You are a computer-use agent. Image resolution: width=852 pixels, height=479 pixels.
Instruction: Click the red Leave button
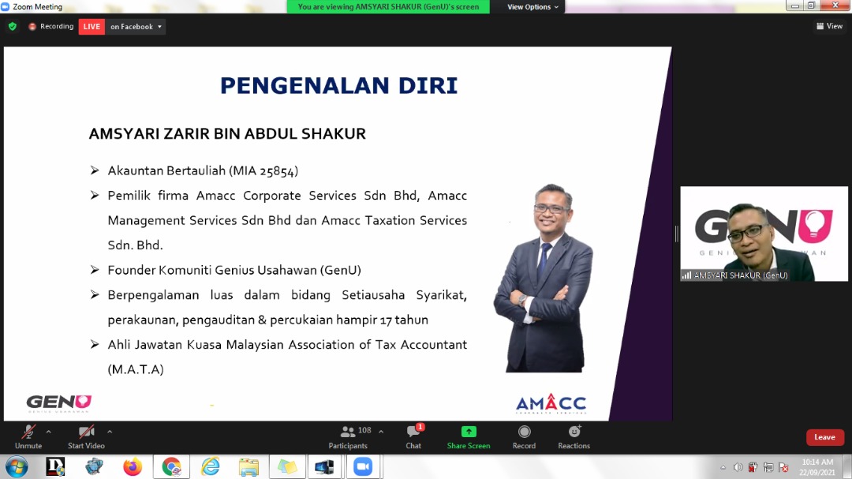(x=824, y=437)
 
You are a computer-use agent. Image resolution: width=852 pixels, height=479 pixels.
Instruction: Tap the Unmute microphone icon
(x=28, y=432)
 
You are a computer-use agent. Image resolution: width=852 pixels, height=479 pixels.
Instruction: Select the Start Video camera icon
(x=87, y=432)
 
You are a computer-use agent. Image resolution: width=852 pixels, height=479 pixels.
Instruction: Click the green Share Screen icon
(x=469, y=432)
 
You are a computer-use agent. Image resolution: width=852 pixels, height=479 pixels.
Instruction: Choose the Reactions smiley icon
(x=574, y=431)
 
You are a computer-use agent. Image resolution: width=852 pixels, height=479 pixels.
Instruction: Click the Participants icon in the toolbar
(x=348, y=432)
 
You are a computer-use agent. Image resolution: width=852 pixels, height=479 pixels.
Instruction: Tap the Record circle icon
(x=524, y=432)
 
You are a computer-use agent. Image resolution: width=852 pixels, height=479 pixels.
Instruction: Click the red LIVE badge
(x=92, y=27)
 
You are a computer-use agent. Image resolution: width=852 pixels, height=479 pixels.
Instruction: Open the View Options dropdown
(x=532, y=7)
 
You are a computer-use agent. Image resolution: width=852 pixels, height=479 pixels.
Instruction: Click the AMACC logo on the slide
(x=551, y=404)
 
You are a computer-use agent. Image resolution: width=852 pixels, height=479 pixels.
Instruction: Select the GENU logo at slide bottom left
(x=59, y=403)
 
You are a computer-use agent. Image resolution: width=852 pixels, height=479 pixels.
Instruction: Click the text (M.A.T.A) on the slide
(x=136, y=370)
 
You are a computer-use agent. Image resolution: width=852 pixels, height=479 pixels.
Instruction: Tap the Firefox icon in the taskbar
(x=132, y=467)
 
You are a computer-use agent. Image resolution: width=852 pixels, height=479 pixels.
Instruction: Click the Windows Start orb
(x=17, y=467)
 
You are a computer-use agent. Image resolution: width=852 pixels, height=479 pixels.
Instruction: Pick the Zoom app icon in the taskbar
(x=362, y=467)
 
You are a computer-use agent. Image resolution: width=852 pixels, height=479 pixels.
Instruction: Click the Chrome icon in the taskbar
(x=171, y=467)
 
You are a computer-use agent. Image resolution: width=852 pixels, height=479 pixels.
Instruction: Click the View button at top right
(x=830, y=26)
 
